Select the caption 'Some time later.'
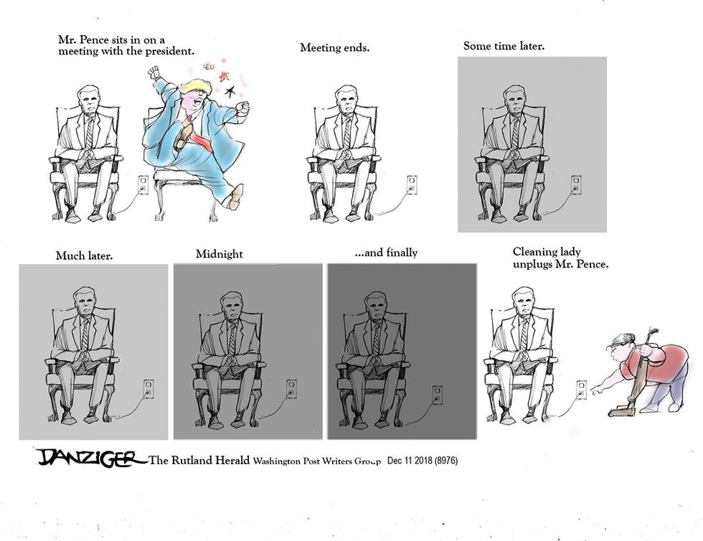(504, 46)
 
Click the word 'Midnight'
(219, 254)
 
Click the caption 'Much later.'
(84, 255)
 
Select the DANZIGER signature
(85, 458)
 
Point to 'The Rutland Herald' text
(199, 461)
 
